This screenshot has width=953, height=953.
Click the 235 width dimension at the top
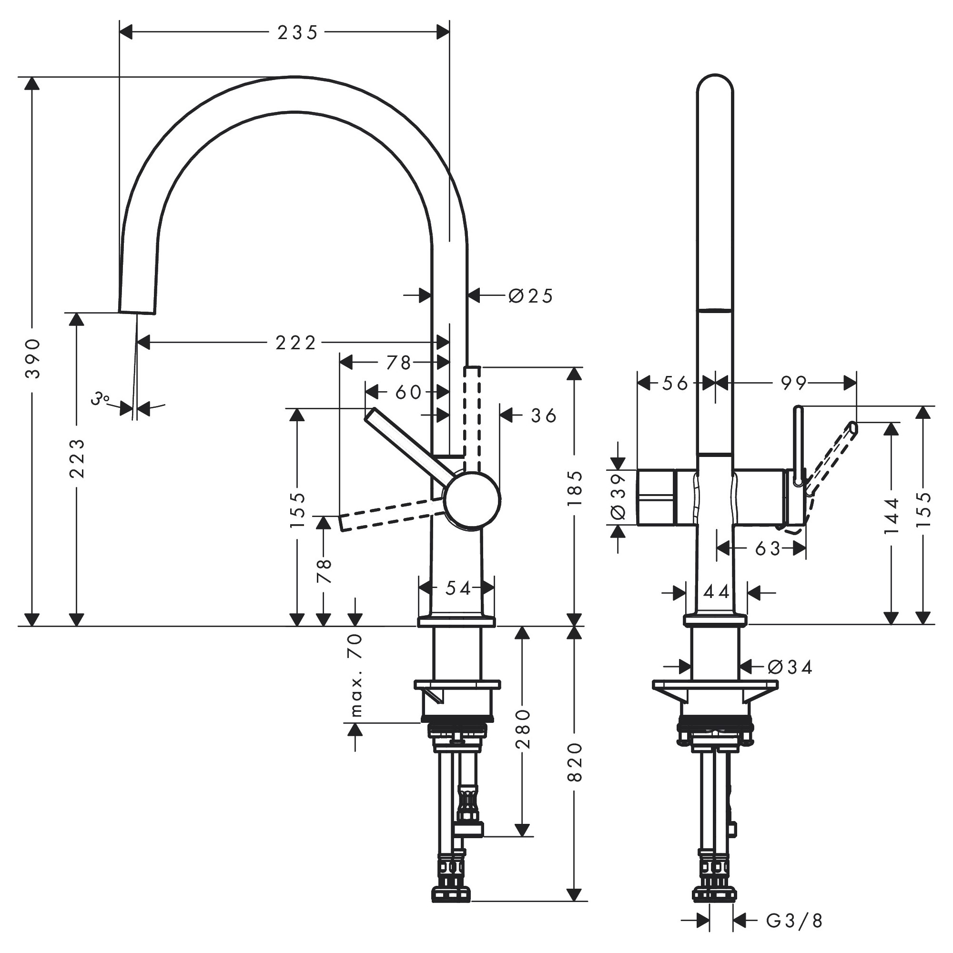coord(297,33)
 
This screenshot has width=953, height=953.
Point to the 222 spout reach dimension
coord(295,342)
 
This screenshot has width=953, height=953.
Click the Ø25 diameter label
coord(531,296)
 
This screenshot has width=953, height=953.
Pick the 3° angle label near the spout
coord(101,398)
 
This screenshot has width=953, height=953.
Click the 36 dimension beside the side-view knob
coord(544,416)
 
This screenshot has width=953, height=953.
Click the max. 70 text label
coord(356,675)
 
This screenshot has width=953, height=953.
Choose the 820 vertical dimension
coord(575,762)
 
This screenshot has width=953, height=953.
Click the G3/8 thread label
coord(794,921)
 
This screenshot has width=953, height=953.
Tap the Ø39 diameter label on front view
coord(618,497)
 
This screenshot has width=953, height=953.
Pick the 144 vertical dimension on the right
coord(892,516)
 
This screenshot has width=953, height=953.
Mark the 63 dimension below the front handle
coord(768,548)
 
